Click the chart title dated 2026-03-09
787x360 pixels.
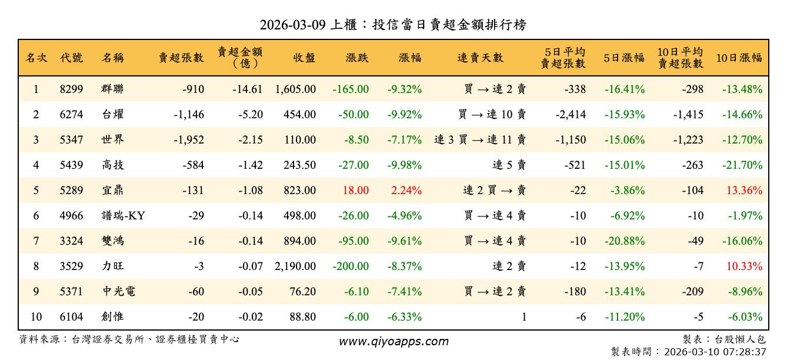393,25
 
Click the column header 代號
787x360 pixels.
71,58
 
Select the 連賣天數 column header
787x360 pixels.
480,58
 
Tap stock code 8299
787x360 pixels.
71,89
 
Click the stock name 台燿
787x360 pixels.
113,115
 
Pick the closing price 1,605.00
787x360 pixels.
295,89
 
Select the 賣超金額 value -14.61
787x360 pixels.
246,89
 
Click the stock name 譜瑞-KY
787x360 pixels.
123,216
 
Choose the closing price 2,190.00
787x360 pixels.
295,266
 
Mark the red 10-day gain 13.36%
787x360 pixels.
744,191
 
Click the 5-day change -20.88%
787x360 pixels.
624,241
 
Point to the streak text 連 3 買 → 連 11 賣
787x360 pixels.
480,140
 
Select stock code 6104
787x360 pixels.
71,317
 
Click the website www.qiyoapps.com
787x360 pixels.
393,341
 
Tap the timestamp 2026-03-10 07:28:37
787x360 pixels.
715,352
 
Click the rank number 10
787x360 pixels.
36,317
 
